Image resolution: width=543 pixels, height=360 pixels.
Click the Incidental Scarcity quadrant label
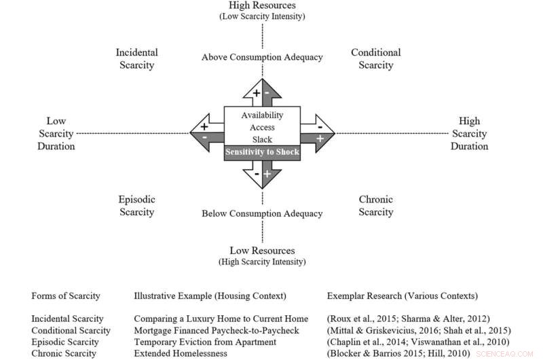[x=136, y=59]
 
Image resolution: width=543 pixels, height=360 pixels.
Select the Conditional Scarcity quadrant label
[x=375, y=59]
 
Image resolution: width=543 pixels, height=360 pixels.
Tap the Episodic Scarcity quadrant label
[x=136, y=206]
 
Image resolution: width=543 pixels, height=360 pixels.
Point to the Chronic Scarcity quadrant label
[x=375, y=206]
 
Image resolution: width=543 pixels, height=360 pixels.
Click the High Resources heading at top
[x=262, y=5]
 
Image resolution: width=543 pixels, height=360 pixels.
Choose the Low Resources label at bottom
[x=262, y=251]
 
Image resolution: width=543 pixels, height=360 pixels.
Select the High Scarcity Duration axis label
[x=469, y=133]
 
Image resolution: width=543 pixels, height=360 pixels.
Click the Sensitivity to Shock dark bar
[x=262, y=151]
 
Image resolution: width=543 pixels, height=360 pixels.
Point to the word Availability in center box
[x=262, y=115]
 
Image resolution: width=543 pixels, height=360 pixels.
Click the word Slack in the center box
[x=262, y=139]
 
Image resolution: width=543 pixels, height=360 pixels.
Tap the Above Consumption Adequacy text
[x=262, y=57]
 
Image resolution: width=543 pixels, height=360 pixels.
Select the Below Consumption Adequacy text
[x=262, y=214]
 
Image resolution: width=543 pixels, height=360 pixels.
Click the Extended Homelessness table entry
[x=179, y=353]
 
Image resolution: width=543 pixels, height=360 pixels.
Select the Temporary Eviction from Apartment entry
[x=198, y=342]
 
